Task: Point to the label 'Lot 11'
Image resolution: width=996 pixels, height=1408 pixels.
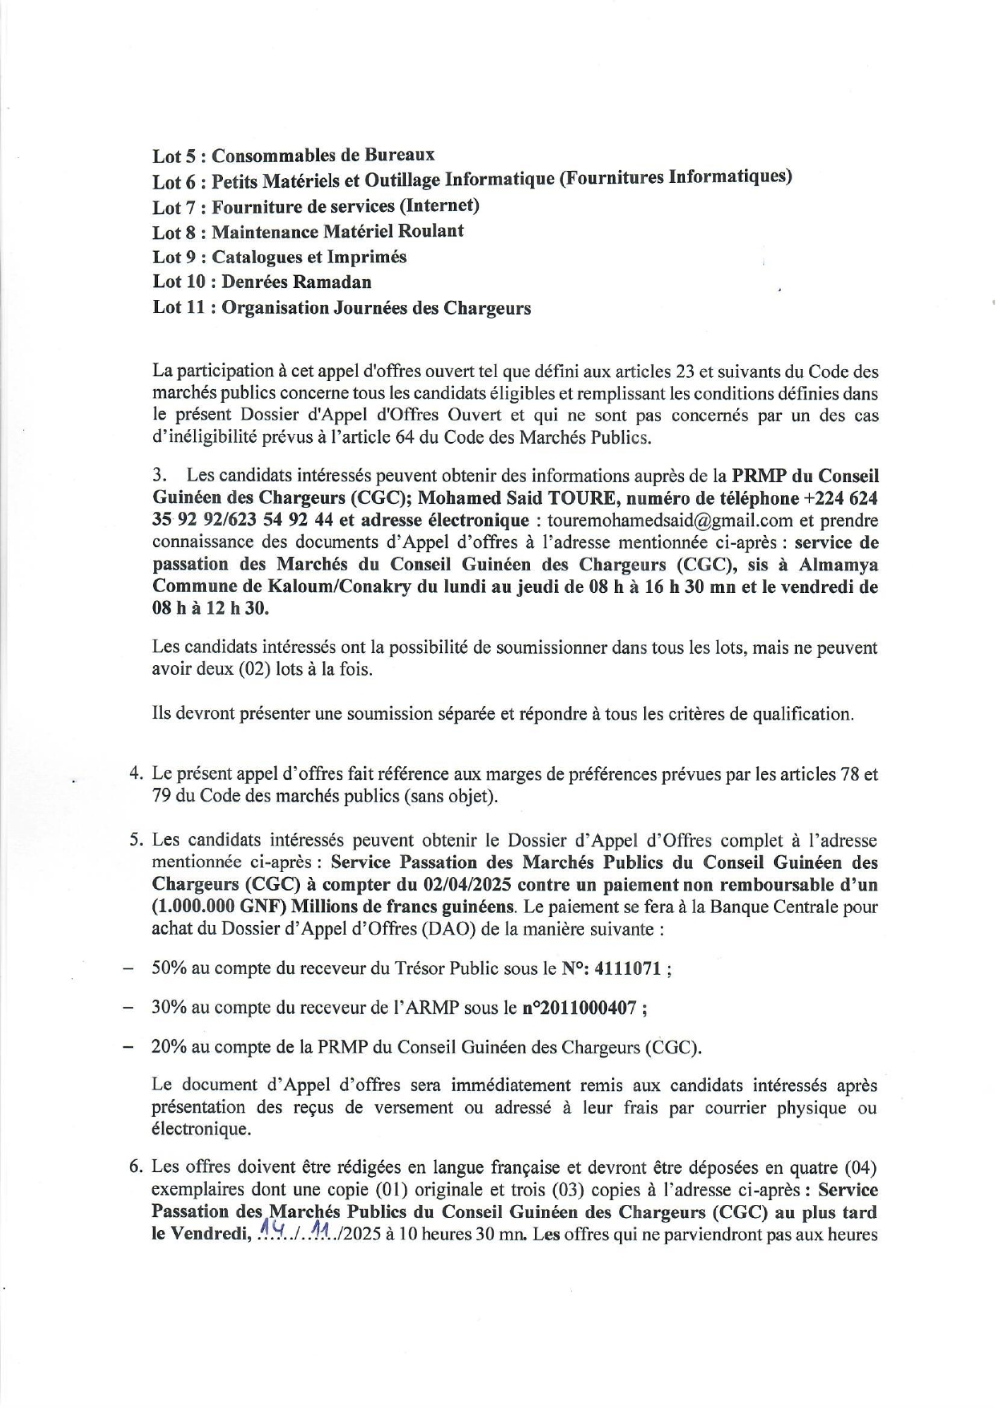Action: (180, 308)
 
